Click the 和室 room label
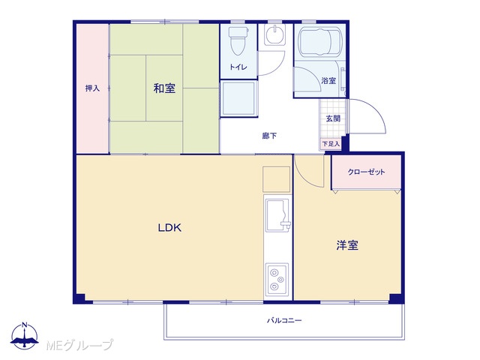[164, 88]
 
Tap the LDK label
[169, 228]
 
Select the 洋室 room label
[347, 245]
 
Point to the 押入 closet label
[92, 88]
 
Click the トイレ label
[238, 67]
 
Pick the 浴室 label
[328, 81]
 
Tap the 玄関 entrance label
[333, 118]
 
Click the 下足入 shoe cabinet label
[331, 143]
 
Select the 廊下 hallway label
[269, 136]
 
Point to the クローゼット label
[366, 172]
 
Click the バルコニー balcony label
[284, 320]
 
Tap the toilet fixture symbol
[238, 41]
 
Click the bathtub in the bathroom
[320, 43]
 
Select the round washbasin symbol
[274, 34]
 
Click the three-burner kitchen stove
[277, 279]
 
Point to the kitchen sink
[277, 215]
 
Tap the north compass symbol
[25, 336]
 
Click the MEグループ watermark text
[79, 345]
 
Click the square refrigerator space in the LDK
[277, 179]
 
